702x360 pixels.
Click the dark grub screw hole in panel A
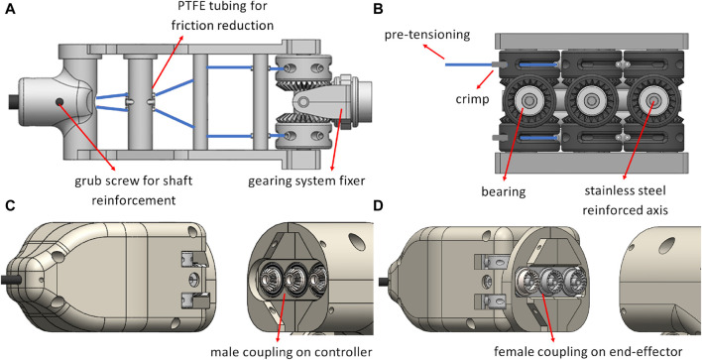(58, 102)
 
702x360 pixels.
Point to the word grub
(86, 181)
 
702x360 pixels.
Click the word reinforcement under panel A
(133, 200)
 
